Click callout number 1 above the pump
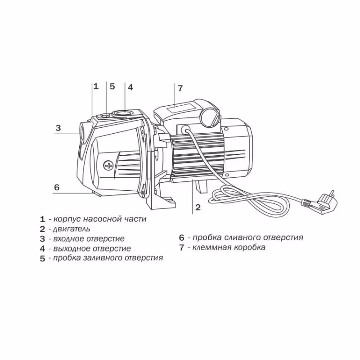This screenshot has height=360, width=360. [95, 86]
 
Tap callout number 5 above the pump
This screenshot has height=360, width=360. [112, 86]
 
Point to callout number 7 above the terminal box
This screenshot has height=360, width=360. [180, 88]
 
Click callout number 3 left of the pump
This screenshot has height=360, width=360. [58, 128]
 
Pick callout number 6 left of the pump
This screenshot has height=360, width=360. [57, 187]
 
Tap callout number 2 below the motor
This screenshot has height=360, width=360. [197, 207]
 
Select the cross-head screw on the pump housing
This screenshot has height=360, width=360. [108, 165]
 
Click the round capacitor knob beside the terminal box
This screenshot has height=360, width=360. [209, 118]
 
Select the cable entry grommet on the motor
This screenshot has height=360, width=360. [184, 129]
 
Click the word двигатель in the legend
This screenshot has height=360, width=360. [72, 229]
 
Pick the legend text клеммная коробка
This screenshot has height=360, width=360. [229, 247]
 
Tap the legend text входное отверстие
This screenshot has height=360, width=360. [89, 238]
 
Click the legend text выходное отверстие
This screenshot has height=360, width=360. [92, 248]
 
